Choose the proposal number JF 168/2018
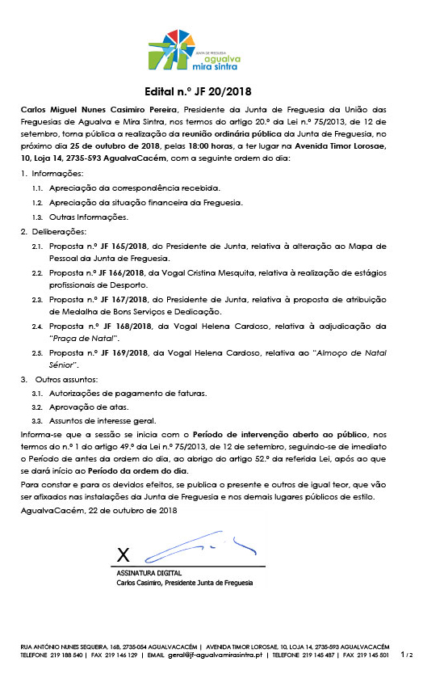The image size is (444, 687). coord(117,326)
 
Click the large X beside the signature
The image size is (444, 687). coord(123,554)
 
